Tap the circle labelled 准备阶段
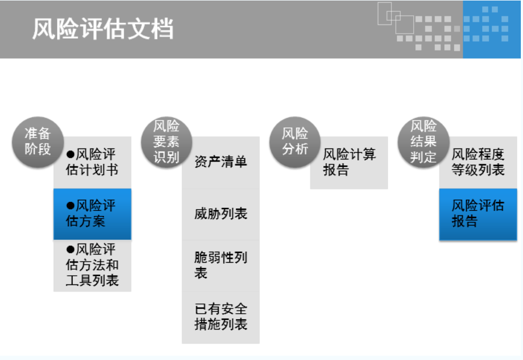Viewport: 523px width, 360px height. (38, 141)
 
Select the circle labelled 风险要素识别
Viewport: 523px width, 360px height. (166, 141)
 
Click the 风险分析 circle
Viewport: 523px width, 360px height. (295, 141)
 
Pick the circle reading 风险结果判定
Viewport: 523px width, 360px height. (424, 141)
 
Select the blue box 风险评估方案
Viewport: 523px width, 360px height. (92, 214)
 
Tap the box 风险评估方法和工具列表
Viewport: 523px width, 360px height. (92, 265)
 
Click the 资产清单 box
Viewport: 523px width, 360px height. (221, 162)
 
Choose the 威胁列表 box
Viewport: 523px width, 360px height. (221, 214)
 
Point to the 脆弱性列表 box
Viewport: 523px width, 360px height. (221, 265)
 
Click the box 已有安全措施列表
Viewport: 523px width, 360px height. (221, 317)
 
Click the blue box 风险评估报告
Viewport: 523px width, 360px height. (478, 214)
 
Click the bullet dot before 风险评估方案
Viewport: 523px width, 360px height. (70, 206)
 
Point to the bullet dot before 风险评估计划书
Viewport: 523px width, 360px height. (70, 154)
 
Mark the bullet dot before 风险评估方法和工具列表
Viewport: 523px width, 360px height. (70, 250)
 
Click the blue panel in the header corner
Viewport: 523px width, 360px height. (491, 29)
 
